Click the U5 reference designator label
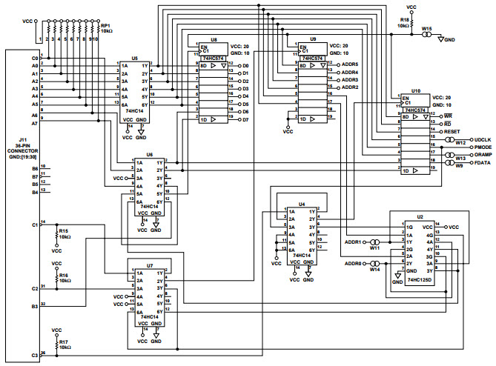pyautogui.click(x=134, y=57)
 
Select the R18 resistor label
pyautogui.click(x=405, y=19)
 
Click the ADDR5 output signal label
pyautogui.click(x=349, y=64)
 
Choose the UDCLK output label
pyautogui.click(x=483, y=139)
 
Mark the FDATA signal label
pyautogui.click(x=483, y=164)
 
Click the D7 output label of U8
pyautogui.click(x=245, y=119)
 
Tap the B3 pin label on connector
pyautogui.click(x=35, y=305)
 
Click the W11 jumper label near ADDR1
pyautogui.click(x=375, y=249)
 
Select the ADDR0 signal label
pyautogui.click(x=354, y=263)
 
